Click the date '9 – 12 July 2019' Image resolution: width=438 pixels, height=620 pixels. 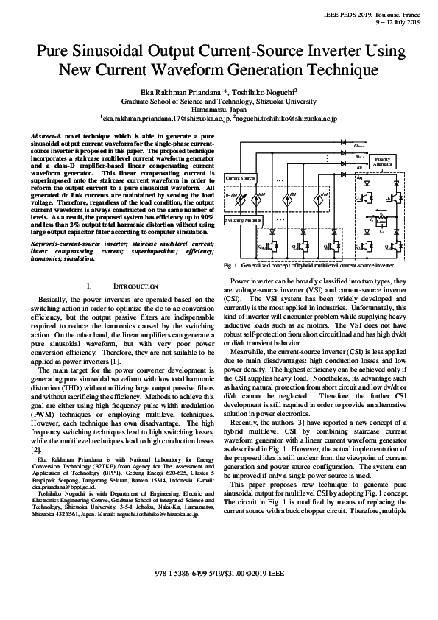(395, 23)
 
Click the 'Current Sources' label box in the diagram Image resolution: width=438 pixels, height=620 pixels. (240, 178)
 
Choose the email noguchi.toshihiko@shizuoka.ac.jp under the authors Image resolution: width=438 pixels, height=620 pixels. (287, 118)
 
